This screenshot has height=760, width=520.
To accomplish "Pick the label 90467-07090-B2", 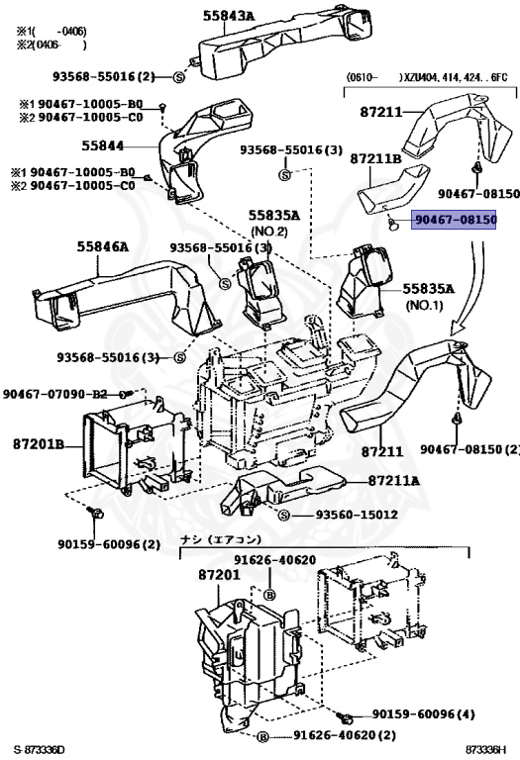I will point(59,394).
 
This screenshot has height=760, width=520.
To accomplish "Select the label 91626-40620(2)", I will point(345,736).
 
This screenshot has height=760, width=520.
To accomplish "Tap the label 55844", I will point(102,145).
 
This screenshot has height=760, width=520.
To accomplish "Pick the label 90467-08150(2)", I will point(468,450).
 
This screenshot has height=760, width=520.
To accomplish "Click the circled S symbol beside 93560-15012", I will point(283,516).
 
